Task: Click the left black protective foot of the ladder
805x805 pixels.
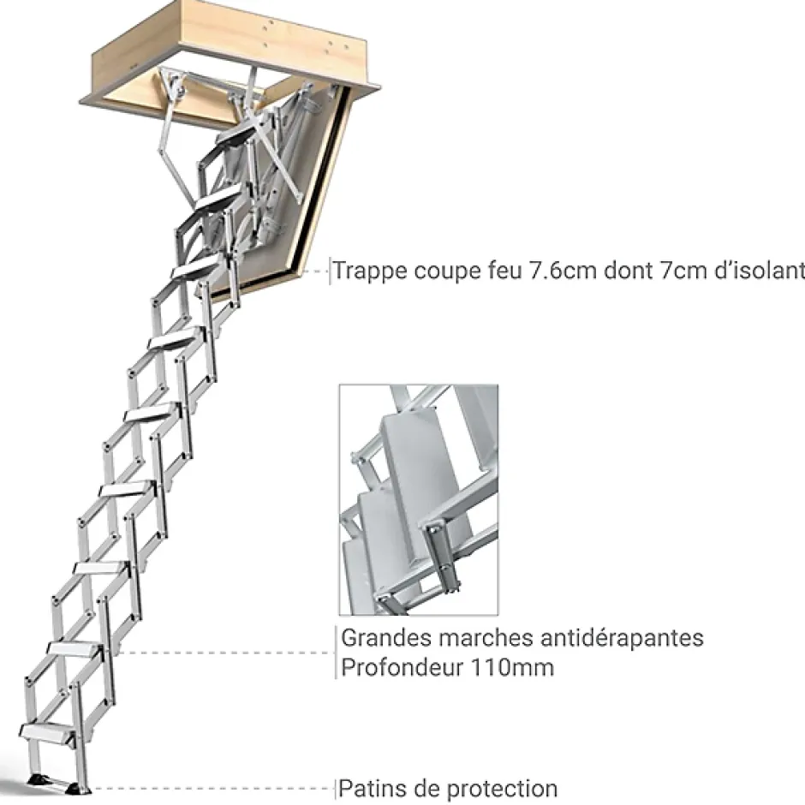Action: [40, 780]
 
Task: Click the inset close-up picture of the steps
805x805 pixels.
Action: [418, 499]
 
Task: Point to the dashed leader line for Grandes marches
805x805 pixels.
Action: [223, 653]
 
